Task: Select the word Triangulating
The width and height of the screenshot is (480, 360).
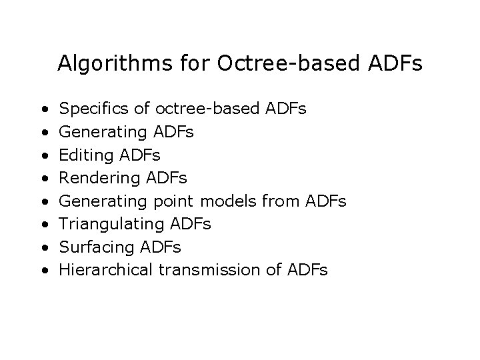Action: (x=111, y=225)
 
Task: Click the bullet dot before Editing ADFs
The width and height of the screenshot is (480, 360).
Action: (x=43, y=155)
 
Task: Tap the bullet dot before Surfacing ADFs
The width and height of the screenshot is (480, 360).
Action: (x=43, y=248)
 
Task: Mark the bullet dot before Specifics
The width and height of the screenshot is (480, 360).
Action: (x=43, y=109)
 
